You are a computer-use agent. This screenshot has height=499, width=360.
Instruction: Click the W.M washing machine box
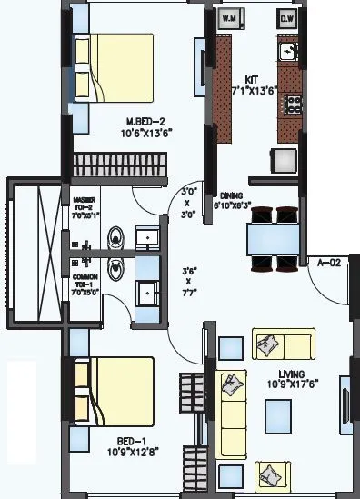[229, 17]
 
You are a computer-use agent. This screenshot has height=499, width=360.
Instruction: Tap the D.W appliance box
[287, 17]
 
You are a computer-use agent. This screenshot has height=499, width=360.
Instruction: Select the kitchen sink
[288, 52]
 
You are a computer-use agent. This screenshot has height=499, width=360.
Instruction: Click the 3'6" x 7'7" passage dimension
[188, 282]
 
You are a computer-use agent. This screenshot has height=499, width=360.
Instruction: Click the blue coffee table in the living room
[278, 414]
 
